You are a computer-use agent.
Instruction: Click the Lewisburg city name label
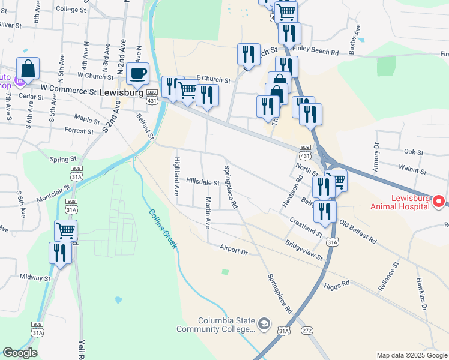(121, 94)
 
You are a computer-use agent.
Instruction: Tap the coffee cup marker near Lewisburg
(137, 74)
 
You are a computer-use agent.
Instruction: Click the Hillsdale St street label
(203, 181)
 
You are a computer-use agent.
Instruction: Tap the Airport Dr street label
(234, 250)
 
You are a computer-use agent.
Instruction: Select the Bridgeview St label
(304, 251)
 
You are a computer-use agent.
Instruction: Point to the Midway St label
(34, 278)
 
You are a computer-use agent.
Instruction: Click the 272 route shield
(307, 331)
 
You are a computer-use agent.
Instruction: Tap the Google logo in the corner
(20, 353)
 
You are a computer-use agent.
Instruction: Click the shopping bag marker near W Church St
(28, 70)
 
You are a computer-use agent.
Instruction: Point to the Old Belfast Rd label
(358, 232)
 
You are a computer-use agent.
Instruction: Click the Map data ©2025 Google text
(411, 355)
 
